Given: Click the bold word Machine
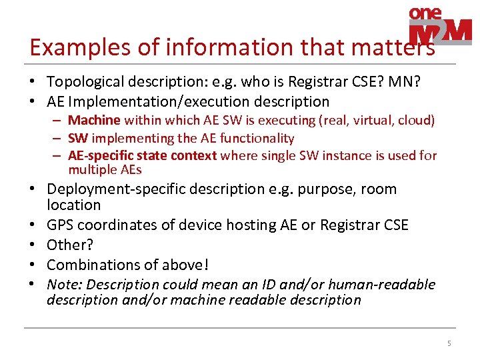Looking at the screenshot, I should (x=94, y=121).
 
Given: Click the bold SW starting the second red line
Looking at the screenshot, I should (x=78, y=139).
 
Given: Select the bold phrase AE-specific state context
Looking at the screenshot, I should (x=142, y=156).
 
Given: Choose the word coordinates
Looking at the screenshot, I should (x=114, y=225).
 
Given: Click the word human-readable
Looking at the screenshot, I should (x=387, y=285).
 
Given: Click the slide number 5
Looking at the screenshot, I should (x=449, y=344).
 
